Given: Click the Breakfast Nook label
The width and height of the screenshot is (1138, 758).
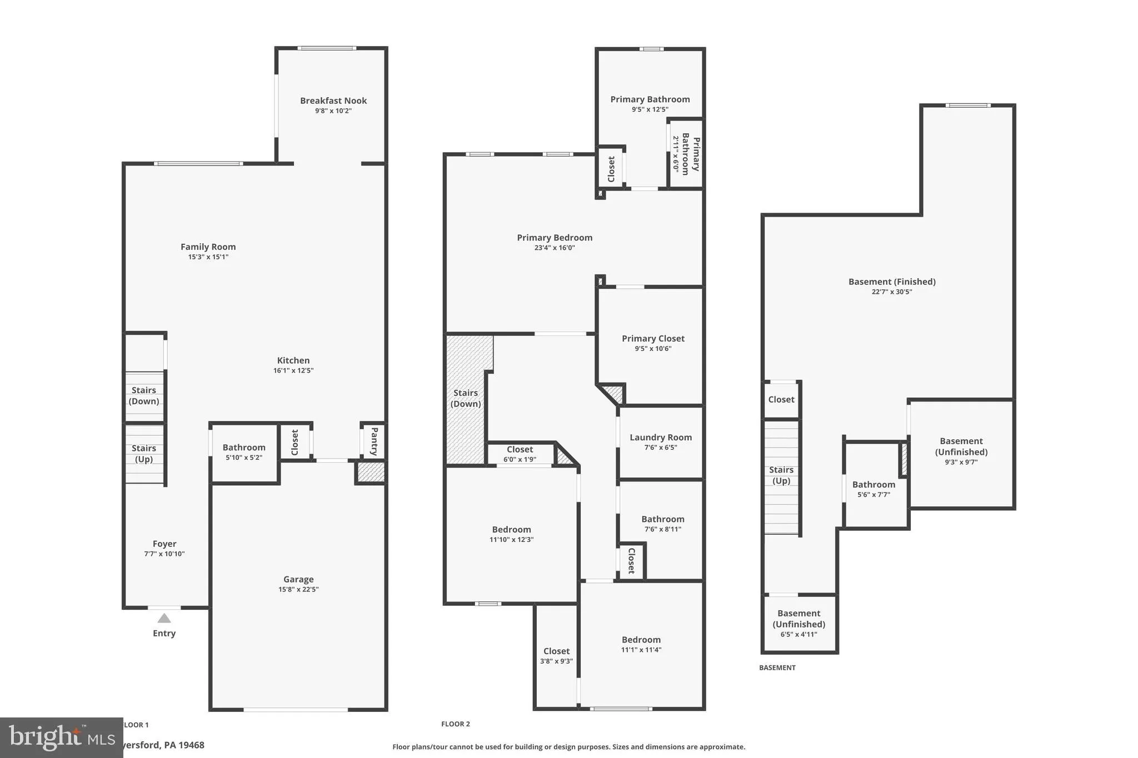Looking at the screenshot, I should click(x=333, y=101).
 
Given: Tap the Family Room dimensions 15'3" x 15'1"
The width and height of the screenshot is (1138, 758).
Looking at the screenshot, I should click(x=208, y=257).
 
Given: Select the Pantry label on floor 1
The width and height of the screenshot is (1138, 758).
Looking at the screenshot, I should click(x=374, y=441).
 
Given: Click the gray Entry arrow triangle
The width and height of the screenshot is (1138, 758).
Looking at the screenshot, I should click(x=164, y=618).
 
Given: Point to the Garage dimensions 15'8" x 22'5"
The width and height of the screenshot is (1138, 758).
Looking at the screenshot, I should click(x=298, y=590).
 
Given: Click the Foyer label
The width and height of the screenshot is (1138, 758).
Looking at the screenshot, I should click(x=164, y=544).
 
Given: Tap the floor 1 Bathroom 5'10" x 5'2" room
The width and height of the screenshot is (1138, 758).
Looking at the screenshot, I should click(x=244, y=452).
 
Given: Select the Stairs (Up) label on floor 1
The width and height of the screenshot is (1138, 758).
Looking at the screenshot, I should click(x=143, y=453).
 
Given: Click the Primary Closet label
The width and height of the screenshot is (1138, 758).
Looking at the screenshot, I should click(x=653, y=338).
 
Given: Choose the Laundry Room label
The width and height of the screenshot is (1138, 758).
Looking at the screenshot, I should click(x=661, y=437).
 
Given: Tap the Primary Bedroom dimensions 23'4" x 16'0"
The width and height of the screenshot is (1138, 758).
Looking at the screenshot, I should click(x=555, y=248).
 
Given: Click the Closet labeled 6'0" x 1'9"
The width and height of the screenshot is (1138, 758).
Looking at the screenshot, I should click(x=520, y=454).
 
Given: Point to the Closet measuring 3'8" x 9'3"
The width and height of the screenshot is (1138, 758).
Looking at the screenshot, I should click(x=556, y=656).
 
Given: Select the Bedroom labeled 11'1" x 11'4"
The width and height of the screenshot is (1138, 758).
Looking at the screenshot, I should click(x=641, y=644).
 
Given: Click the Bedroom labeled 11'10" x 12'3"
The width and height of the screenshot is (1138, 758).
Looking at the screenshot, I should click(x=511, y=534).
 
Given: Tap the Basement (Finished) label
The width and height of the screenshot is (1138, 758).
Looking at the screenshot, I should click(x=892, y=282).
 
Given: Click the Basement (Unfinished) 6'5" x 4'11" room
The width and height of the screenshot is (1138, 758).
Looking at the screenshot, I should click(x=799, y=623).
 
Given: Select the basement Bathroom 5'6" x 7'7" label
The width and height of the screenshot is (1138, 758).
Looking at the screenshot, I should click(x=874, y=484).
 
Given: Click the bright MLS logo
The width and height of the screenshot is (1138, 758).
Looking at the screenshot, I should click(x=61, y=737).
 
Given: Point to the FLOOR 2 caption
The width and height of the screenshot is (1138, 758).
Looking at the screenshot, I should click(x=456, y=724).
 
